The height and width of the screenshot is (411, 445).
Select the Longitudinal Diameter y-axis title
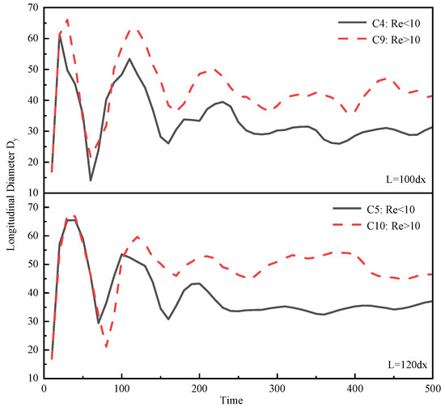pyautogui.click(x=11, y=194)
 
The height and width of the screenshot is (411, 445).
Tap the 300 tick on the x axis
pyautogui.click(x=277, y=388)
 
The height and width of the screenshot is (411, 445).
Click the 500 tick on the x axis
pyautogui.click(x=431, y=388)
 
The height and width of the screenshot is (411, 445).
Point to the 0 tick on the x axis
pyautogui.click(x=44, y=388)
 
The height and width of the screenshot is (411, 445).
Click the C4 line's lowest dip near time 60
pyautogui.click(x=91, y=180)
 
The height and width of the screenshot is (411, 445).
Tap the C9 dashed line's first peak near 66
pyautogui.click(x=67, y=19)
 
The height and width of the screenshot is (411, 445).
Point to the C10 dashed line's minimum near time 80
pyautogui.click(x=106, y=347)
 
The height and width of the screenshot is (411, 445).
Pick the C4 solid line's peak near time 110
pyautogui.click(x=129, y=58)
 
